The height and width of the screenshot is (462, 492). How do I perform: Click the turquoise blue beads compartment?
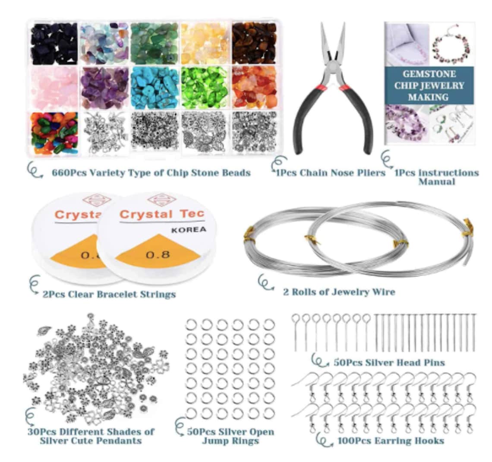pyautogui.click(x=155, y=88)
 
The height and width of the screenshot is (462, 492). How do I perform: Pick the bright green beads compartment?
pyautogui.click(x=204, y=88)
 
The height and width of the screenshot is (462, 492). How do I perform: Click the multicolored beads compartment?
pyautogui.click(x=54, y=133)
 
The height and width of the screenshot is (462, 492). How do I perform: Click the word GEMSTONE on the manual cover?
pyautogui.click(x=429, y=74)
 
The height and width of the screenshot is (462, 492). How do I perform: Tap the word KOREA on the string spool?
pyautogui.click(x=189, y=230)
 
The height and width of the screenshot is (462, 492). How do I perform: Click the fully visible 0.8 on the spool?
pyautogui.click(x=158, y=254)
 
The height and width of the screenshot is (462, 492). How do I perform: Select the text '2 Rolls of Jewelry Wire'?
pyautogui.click(x=339, y=292)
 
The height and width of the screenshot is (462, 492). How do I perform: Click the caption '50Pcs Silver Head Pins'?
pyautogui.click(x=389, y=362)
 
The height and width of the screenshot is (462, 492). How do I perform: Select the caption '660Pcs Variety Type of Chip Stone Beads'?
pyautogui.click(x=151, y=173)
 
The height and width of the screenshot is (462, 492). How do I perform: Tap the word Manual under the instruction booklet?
pyautogui.click(x=437, y=181)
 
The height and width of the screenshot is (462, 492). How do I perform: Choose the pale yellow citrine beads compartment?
pyautogui.click(x=204, y=43)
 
